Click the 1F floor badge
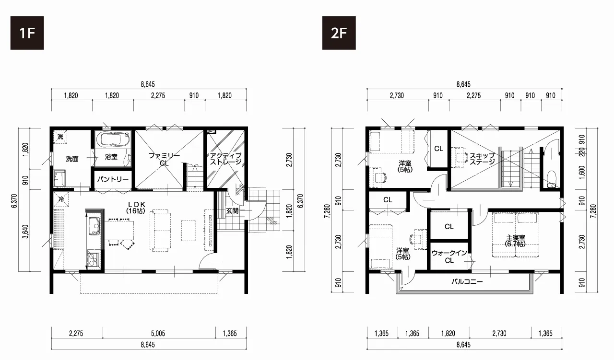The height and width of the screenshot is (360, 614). pos(27,33)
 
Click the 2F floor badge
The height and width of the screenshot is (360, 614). pos(339,33)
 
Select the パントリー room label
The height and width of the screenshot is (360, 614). pos(113,179)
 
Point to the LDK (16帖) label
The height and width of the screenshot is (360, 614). pos(136,208)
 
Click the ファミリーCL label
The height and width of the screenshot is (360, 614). pos(164,159)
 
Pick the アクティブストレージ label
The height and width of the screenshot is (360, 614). pos(225,159)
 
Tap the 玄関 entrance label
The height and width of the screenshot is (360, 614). pos(232,211)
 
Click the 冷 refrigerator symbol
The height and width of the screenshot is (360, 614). pos(61,199)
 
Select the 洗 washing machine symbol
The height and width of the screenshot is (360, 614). pos(60,137)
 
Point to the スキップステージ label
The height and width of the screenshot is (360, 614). pos(483,159)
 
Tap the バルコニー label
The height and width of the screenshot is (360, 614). pos(467,282)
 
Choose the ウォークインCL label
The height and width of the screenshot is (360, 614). pos(449,257)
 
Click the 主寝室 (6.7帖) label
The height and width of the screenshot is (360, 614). pos(515,241)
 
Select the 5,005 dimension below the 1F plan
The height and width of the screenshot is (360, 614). pos(158,334)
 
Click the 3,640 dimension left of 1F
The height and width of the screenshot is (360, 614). pos(25,232)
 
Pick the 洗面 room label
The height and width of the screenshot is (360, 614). pos(72,159)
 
